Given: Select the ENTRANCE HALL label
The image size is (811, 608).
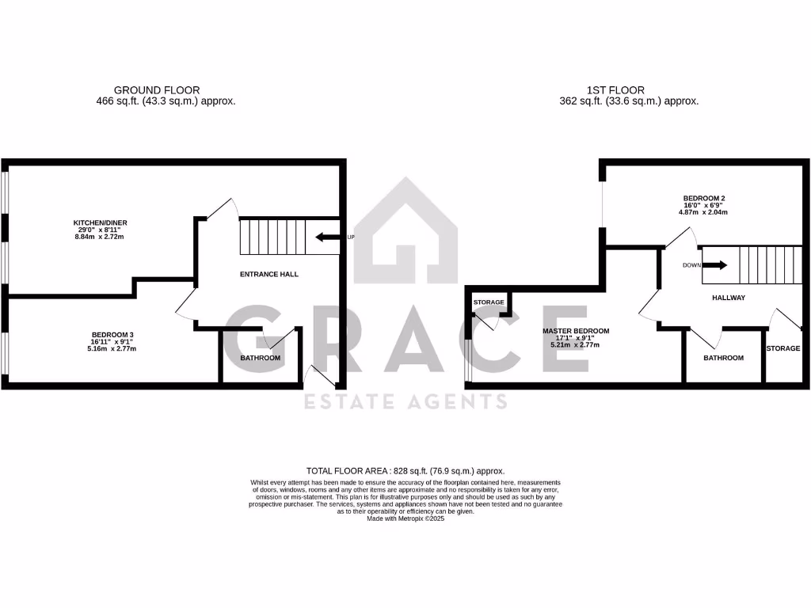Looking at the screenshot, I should point(268,274).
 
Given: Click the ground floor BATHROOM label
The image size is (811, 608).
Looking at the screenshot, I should point(261,359).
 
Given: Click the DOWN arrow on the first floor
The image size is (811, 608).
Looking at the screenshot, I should point(714,266).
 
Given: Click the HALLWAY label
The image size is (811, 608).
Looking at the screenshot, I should point(724,298).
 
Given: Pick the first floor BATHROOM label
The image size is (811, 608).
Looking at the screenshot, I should point(724,358).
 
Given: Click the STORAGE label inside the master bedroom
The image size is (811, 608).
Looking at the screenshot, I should point(489,302).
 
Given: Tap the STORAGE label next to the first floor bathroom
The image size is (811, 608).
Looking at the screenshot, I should point(783,348).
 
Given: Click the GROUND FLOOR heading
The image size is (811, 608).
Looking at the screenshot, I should point(157,90).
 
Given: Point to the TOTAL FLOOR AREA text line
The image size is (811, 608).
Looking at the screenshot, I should point(405,470).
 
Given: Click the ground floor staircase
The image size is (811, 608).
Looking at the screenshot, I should point(272,237).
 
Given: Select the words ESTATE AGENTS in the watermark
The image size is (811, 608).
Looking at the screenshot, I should point(405,402).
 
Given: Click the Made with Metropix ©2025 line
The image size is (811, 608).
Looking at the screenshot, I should point(405,519).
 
